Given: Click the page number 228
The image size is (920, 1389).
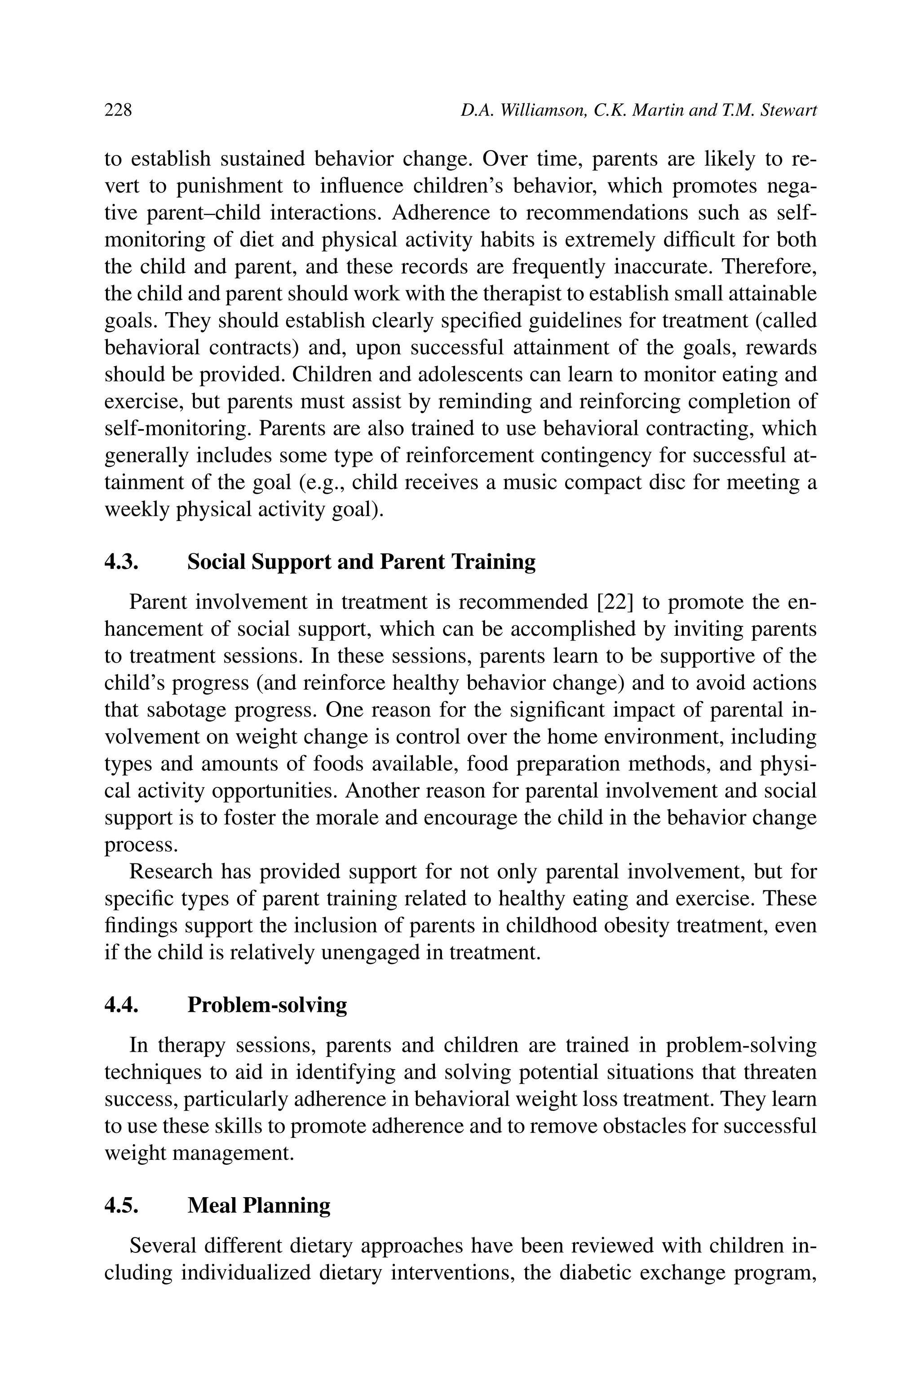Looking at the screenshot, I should click(x=118, y=110).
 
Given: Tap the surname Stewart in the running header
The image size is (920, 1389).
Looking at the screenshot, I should click(x=788, y=110).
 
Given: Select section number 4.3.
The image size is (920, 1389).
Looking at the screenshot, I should click(x=121, y=562).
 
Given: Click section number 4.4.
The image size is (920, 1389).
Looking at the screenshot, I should click(x=121, y=1005).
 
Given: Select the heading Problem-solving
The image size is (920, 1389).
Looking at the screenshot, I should click(x=267, y=1005).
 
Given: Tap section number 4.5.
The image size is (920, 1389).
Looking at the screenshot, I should click(x=121, y=1206).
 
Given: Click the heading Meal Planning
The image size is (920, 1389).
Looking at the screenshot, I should click(x=259, y=1206).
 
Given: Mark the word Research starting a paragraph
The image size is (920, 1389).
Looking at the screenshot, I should click(x=171, y=871).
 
